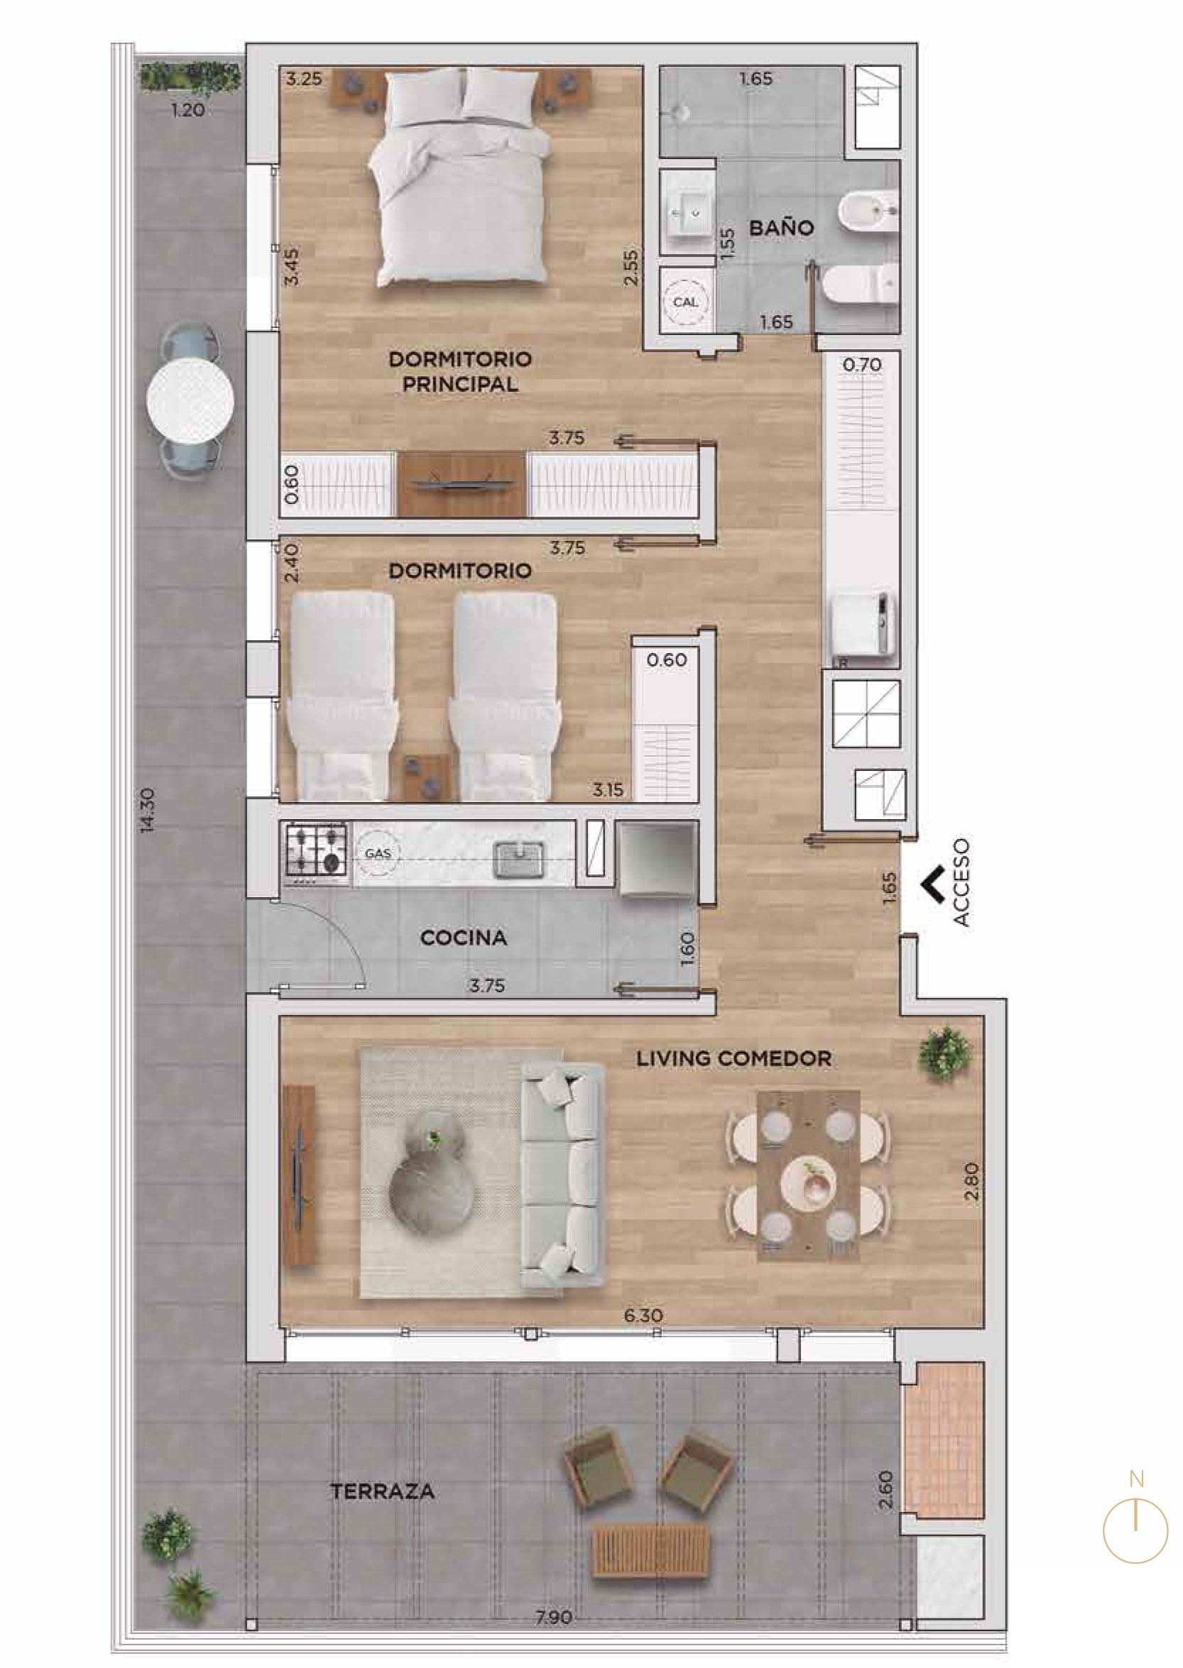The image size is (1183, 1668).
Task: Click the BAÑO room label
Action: coord(782,228)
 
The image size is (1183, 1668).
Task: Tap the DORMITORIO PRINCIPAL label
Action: coord(459,371)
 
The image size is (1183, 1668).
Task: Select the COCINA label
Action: coord(463,938)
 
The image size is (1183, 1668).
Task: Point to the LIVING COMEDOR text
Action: coord(734,1058)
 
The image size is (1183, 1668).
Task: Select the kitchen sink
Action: coord(518,859)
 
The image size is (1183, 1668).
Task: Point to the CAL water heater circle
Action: coord(685,302)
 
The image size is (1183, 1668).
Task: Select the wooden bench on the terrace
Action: coord(651,1545)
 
